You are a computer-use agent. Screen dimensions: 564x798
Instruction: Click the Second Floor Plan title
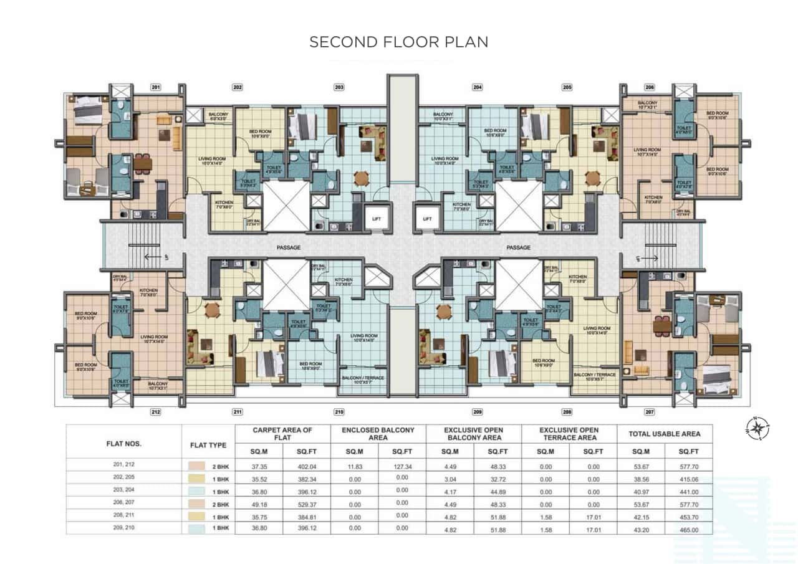click(399, 42)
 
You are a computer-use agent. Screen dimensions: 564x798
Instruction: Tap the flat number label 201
click(156, 88)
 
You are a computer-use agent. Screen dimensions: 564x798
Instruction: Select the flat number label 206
click(650, 88)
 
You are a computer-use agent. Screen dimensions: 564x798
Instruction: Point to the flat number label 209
click(478, 412)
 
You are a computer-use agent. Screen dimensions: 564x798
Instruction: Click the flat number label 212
click(156, 412)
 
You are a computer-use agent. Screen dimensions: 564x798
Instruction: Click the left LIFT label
click(376, 219)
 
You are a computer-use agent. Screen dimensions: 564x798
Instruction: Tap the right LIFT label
click(427, 219)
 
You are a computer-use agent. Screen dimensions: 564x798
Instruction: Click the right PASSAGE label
click(518, 247)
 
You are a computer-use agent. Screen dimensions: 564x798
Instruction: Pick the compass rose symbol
click(757, 429)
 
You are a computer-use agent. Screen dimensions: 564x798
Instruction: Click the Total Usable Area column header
click(665, 434)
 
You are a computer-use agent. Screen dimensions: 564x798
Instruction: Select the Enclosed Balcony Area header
click(378, 434)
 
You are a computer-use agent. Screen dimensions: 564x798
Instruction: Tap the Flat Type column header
click(208, 445)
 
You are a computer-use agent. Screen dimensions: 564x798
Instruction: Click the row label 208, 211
click(124, 515)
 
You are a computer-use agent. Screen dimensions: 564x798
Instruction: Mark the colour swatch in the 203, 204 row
click(193, 491)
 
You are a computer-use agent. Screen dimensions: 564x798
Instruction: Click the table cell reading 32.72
click(497, 478)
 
